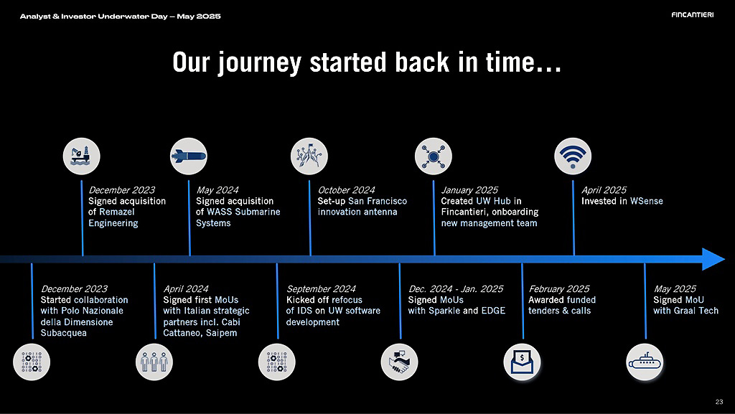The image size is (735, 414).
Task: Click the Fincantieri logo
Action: pyautogui.click(x=693, y=15)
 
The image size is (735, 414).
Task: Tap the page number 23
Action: pyautogui.click(x=719, y=401)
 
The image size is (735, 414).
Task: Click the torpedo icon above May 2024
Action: pyautogui.click(x=189, y=156)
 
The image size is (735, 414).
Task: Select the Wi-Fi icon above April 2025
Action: pyautogui.click(x=572, y=156)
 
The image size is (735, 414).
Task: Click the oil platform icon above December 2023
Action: pyautogui.click(x=82, y=156)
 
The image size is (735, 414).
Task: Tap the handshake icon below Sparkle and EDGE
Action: pyautogui.click(x=399, y=362)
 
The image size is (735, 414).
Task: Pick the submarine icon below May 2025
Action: pyautogui.click(x=645, y=362)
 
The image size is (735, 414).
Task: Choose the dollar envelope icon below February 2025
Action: pyautogui.click(x=523, y=362)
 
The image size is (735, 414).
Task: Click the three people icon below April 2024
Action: pyautogui.click(x=154, y=362)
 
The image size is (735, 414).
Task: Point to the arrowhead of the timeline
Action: pyautogui.click(x=725, y=259)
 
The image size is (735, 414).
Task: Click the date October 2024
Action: pyautogui.click(x=347, y=190)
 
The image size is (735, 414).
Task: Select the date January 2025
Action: pyautogui.click(x=469, y=190)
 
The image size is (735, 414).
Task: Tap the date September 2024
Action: pyautogui.click(x=321, y=289)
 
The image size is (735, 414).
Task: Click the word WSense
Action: pyautogui.click(x=647, y=201)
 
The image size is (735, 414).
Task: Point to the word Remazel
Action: pyautogui.click(x=117, y=212)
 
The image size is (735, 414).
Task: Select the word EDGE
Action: pyautogui.click(x=493, y=311)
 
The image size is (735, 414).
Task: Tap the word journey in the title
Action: pyautogui.click(x=260, y=62)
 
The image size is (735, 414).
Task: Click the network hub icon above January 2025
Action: pyautogui.click(x=433, y=156)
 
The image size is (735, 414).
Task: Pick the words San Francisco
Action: pyautogui.click(x=378, y=201)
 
